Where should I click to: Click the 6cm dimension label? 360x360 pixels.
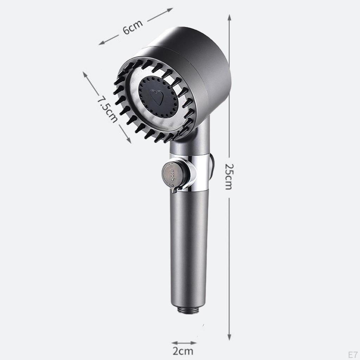click(x=133, y=27)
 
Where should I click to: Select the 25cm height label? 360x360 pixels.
click(x=229, y=176)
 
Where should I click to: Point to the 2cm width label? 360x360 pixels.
click(x=184, y=351)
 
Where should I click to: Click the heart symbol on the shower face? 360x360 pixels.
click(x=157, y=97)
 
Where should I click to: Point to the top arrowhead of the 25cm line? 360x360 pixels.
click(x=229, y=17)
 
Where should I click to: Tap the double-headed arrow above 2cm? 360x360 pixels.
click(x=184, y=343)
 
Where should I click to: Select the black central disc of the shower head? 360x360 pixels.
click(x=157, y=97)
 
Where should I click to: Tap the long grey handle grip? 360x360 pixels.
click(x=189, y=246)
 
